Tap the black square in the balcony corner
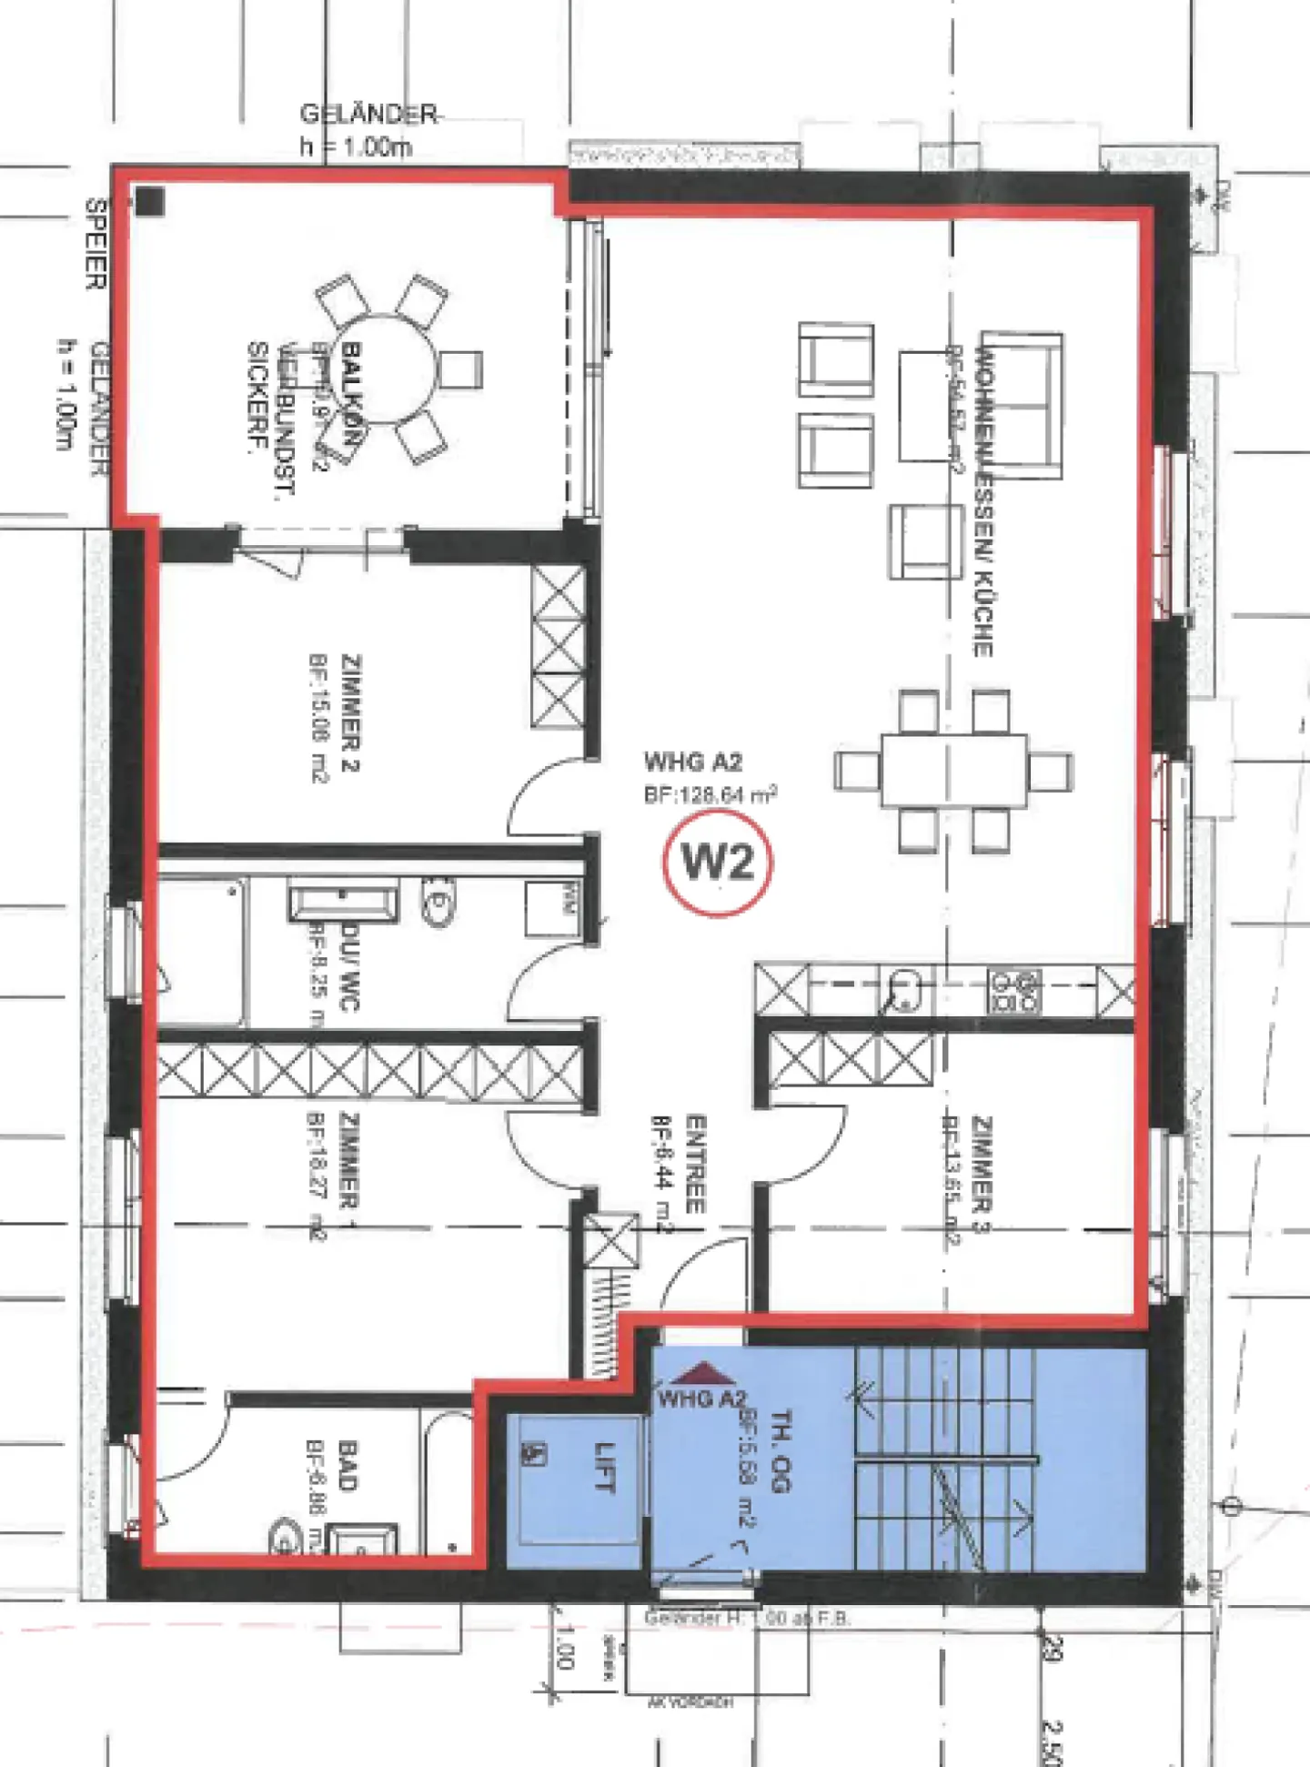pyautogui.click(x=150, y=201)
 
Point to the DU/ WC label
pyautogui.click(x=350, y=967)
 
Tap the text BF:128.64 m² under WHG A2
pyautogui.click(x=710, y=794)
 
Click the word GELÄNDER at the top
pyautogui.click(x=368, y=115)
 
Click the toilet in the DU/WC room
pyautogui.click(x=438, y=901)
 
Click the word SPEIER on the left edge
pyautogui.click(x=96, y=244)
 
